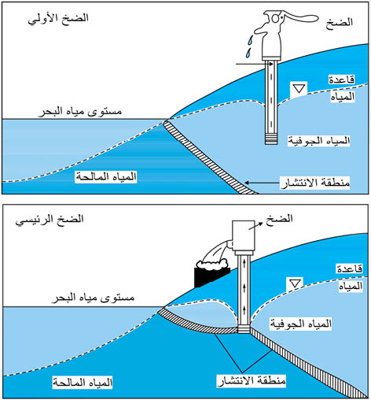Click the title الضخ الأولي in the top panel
point(58,19)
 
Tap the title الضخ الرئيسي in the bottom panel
point(50,220)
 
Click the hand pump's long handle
point(301,18)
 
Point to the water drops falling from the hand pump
point(249,46)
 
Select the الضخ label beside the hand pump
point(340,22)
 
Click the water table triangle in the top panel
point(299,88)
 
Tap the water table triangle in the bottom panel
point(295,283)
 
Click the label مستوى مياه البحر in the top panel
point(80,112)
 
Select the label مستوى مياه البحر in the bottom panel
point(93,298)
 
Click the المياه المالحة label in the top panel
point(106,176)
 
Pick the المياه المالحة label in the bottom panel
point(83,383)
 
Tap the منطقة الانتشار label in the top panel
point(315,183)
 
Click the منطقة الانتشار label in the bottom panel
point(252,380)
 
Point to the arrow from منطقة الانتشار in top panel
point(262,183)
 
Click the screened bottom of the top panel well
point(271,139)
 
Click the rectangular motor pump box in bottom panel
point(244,235)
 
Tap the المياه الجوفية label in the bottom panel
point(301,324)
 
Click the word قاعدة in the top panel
point(342,80)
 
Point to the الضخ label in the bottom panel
point(279,219)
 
